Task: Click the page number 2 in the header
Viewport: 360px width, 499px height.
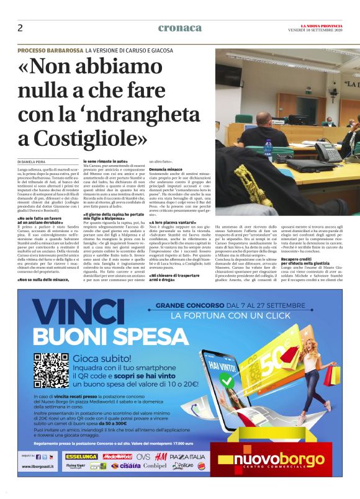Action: point(20,28)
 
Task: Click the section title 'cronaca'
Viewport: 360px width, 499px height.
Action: point(180,28)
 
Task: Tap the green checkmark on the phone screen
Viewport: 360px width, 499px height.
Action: point(254,372)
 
